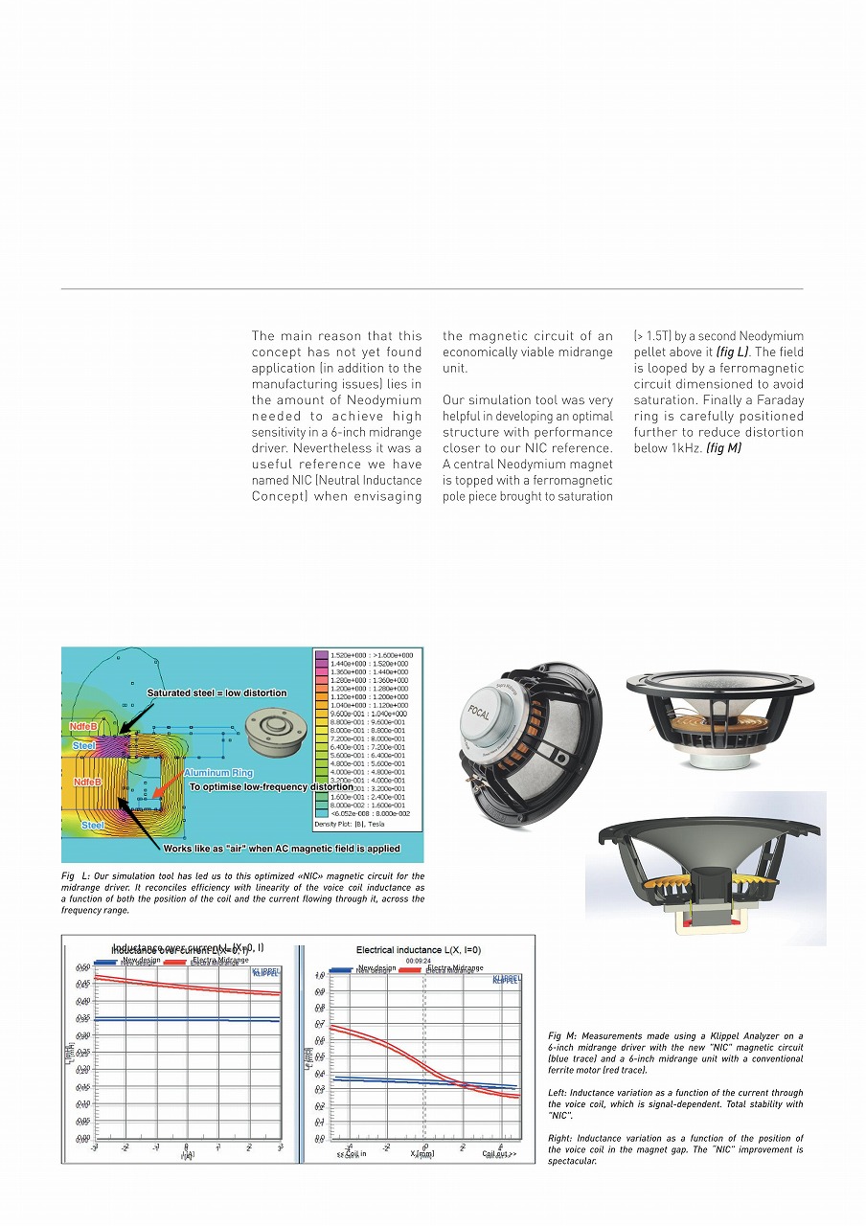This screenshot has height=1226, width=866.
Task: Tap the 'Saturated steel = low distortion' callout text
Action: pos(216,692)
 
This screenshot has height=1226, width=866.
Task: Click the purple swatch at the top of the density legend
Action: pos(321,655)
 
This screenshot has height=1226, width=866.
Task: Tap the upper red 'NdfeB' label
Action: pos(83,727)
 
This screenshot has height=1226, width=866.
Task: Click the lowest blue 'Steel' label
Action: pos(93,825)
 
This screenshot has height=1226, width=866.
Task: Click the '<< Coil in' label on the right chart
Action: pos(351,1153)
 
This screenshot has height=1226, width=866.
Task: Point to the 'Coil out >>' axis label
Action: pos(499,1153)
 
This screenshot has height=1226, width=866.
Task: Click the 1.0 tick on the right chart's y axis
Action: pos(321,976)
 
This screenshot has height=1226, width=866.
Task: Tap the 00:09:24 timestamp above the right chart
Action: pos(419,960)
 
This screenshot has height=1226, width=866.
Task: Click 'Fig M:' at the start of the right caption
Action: pos(559,1035)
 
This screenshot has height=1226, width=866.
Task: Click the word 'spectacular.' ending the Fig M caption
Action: pos(572,1161)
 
